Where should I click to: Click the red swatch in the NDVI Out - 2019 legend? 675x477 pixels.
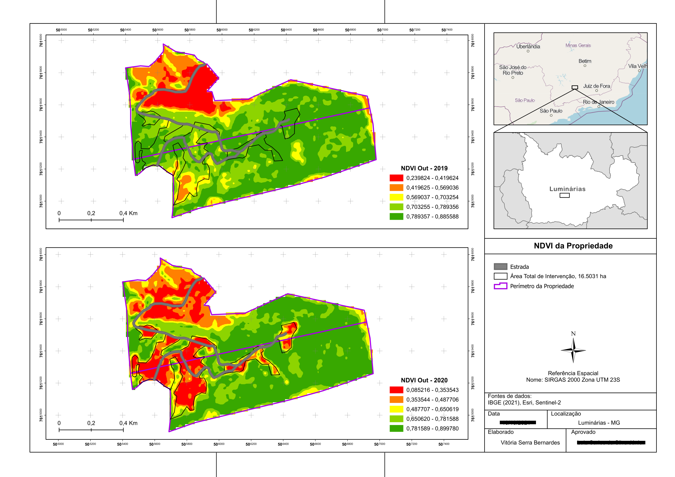396,178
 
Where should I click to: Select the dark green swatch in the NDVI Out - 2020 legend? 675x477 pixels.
396,428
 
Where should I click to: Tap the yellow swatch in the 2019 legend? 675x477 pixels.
396,197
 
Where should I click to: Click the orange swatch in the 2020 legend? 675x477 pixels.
396,399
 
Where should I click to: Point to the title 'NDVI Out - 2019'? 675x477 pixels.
424,168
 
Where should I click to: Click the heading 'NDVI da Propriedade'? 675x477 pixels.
573,246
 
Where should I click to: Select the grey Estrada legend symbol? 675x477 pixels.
500,267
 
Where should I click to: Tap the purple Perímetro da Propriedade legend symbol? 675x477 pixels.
500,286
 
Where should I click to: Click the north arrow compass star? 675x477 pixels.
573,350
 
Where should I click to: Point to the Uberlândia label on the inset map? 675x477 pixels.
528,47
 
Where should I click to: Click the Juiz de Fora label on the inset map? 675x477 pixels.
596,86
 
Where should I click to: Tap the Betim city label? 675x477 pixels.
585,61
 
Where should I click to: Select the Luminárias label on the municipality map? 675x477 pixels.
568,189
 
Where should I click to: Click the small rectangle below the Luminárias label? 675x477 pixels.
565,196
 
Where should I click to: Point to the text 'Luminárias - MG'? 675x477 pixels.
599,423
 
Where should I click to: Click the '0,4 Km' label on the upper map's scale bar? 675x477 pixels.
128,213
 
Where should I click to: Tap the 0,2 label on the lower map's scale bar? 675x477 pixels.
91,423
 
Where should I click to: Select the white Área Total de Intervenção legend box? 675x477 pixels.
500,276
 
